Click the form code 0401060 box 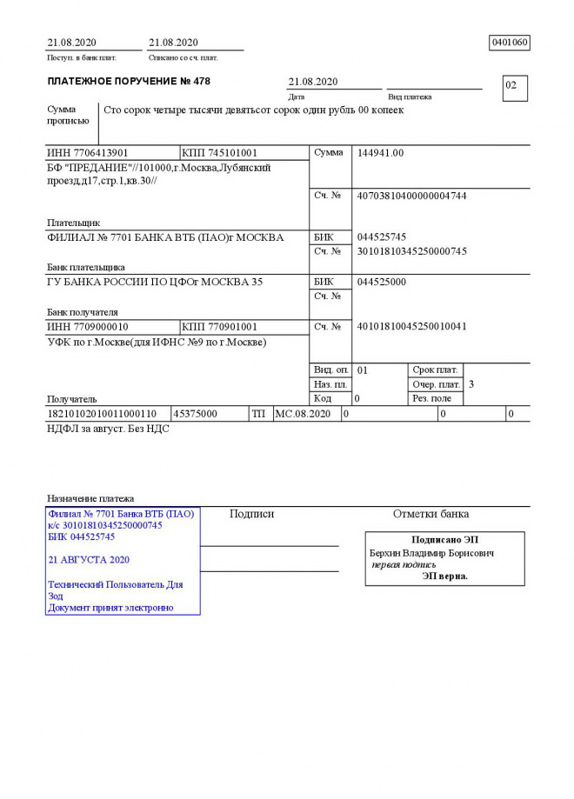[x=511, y=43]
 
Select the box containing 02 [x=515, y=87]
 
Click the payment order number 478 [x=202, y=82]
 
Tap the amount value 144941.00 [x=381, y=153]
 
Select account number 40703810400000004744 [x=411, y=196]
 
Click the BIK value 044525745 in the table [x=382, y=236]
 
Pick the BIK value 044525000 [x=382, y=282]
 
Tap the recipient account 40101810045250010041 [x=411, y=327]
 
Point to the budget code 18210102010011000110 [x=102, y=414]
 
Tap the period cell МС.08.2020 [x=303, y=414]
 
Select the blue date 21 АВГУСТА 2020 [x=89, y=560]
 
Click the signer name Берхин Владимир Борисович [x=432, y=553]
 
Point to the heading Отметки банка [x=430, y=514]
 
